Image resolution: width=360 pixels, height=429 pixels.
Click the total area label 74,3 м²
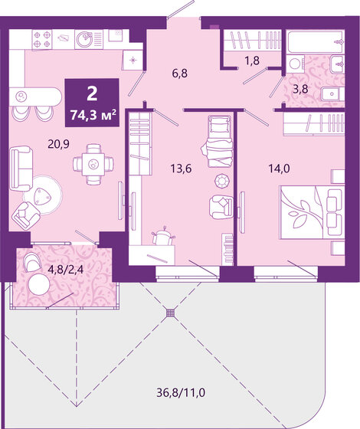click(92, 115)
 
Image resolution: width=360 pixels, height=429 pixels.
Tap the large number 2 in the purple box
click(92, 95)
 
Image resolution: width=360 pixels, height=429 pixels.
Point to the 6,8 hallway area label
click(180, 74)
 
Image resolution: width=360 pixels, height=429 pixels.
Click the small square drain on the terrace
click(170, 313)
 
